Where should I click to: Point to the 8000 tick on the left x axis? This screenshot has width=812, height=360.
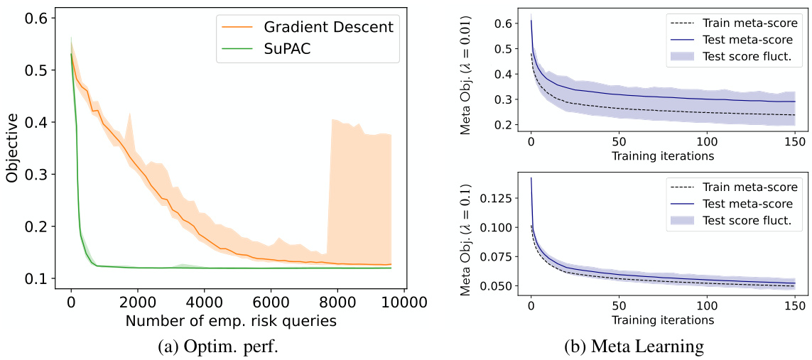coord(337,301)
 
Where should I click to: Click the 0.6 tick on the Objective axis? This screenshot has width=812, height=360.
coord(40,18)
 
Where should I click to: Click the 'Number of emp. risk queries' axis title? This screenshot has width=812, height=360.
coord(231,320)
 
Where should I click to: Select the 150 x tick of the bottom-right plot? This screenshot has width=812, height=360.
coord(794,306)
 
